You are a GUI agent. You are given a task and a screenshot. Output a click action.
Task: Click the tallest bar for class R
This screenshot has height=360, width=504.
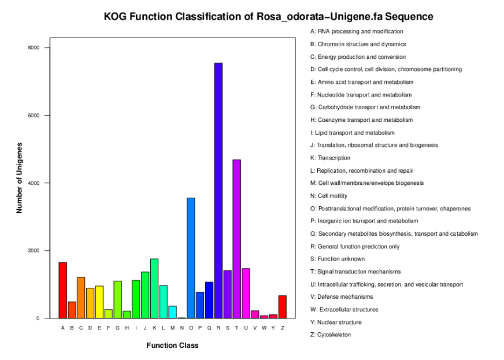tap(218, 191)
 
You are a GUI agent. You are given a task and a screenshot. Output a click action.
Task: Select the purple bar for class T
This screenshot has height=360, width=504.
tap(237, 239)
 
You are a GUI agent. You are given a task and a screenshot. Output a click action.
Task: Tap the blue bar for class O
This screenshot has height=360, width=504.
tap(191, 258)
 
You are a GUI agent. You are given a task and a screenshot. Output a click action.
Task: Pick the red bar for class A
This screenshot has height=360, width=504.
tap(62, 290)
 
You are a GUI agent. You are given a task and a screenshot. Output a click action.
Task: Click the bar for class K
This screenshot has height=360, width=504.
tap(154, 288)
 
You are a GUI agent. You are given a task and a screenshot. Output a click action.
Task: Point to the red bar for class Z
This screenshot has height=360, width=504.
tap(283, 307)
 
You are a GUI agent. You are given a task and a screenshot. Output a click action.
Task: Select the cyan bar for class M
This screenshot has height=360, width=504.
tap(173, 312)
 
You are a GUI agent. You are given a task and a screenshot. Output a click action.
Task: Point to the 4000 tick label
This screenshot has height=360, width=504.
tap(34, 183)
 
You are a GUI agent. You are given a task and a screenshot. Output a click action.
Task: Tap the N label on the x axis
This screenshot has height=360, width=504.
tap(182, 328)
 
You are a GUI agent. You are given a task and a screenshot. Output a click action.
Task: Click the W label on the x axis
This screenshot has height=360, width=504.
tap(264, 328)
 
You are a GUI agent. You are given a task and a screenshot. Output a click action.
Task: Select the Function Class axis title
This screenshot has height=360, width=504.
tap(173, 346)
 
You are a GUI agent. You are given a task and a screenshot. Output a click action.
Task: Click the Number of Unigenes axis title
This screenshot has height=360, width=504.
tap(20, 178)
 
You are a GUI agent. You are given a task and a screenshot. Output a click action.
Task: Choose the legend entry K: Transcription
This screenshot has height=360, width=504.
tap(330, 158)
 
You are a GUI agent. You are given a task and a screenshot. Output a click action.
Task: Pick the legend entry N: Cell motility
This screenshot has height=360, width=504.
tap(329, 196)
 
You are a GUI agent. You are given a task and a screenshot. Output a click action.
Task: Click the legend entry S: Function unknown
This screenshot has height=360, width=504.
tap(338, 259)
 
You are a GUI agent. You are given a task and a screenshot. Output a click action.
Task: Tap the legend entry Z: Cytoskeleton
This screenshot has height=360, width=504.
tap(331, 335)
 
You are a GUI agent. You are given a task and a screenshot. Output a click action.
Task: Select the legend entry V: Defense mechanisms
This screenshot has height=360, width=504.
tap(342, 296)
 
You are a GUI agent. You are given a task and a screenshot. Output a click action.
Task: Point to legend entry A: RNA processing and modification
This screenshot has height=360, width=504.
tap(357, 31)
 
